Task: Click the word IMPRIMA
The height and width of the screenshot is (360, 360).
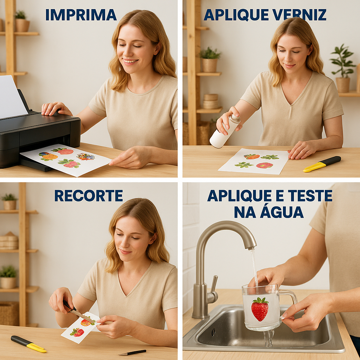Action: [x=81, y=15]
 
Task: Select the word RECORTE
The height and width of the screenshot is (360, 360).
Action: [x=89, y=195]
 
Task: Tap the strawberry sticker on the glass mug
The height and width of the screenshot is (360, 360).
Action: [x=260, y=309]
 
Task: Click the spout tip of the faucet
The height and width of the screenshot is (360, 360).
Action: [x=252, y=247]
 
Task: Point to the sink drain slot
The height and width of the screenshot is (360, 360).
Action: [x=213, y=332]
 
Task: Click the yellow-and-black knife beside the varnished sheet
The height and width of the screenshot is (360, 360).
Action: [x=322, y=164]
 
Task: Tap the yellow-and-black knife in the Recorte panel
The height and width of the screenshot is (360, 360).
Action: [x=28, y=344]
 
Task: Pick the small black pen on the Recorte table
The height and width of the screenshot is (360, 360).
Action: [x=132, y=352]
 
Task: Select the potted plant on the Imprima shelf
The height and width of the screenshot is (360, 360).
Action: [x=22, y=21]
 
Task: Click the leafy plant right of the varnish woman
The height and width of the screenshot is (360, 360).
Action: [x=342, y=68]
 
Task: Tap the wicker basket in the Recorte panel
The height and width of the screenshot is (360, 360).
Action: [x=9, y=314]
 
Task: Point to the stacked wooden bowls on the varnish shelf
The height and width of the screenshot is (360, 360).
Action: [x=211, y=101]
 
